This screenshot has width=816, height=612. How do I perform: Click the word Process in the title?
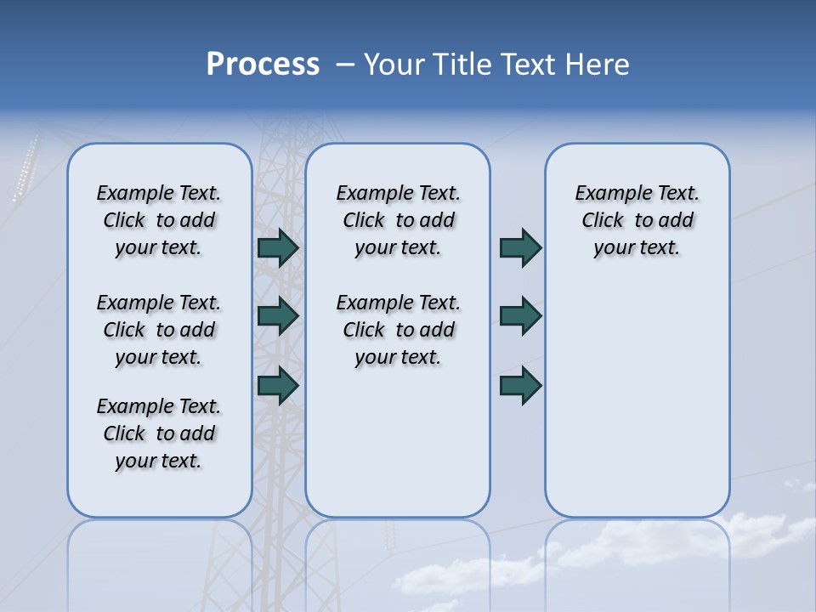(263, 64)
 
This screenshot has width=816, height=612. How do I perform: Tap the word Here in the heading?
(594, 65)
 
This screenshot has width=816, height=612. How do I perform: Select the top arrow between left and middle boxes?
(278, 248)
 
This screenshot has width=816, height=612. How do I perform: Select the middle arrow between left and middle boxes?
(278, 316)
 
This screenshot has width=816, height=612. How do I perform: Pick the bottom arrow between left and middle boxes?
(278, 386)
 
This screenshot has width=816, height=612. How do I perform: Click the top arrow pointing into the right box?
(520, 248)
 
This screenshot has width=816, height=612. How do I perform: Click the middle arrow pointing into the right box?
(520, 316)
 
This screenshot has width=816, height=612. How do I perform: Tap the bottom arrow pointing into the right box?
(520, 386)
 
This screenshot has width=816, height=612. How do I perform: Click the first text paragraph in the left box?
(159, 220)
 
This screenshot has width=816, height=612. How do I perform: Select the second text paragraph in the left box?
(159, 330)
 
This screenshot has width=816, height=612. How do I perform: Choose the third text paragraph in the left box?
(159, 433)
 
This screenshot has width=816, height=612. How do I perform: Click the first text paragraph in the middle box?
(398, 220)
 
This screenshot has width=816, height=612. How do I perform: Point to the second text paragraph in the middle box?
(398, 330)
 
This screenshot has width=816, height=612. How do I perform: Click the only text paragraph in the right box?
(637, 220)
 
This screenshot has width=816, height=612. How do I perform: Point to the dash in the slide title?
(346, 65)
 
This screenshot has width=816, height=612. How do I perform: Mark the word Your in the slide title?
(394, 65)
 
